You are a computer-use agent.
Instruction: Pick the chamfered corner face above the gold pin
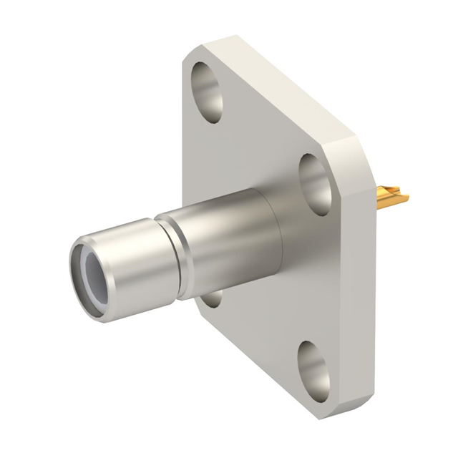(x=365, y=154)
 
